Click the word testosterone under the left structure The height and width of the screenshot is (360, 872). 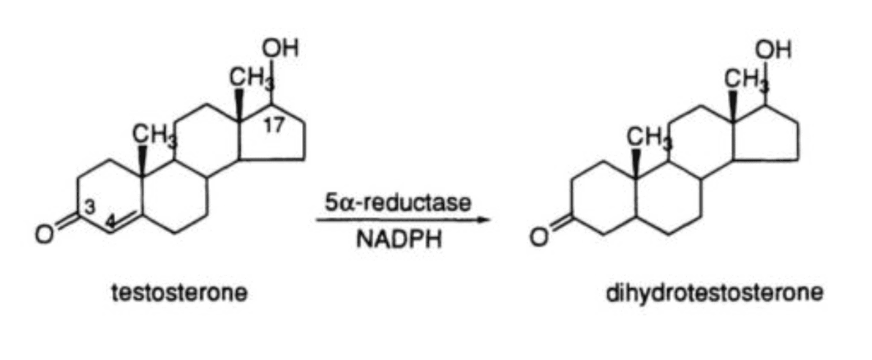click(179, 293)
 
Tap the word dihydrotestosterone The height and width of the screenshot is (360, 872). click(715, 293)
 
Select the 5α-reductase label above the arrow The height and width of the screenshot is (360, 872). click(398, 203)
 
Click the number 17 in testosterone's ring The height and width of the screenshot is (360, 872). click(274, 126)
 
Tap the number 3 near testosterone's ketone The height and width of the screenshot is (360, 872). click(90, 208)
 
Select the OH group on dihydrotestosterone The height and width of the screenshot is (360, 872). click(773, 50)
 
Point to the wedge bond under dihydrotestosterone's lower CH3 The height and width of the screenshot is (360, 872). click(636, 162)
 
